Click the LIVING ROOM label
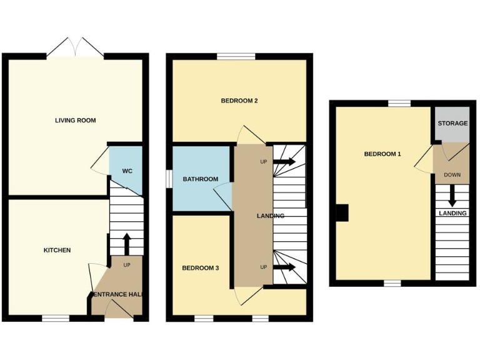point(76,120)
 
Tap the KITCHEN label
point(57,250)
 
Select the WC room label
point(127,171)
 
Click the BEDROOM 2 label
point(239,101)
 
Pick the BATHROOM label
point(200,179)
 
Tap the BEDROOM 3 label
point(200,268)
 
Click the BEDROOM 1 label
point(382,154)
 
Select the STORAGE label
point(452,123)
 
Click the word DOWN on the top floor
point(452,175)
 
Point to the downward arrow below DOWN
point(452,196)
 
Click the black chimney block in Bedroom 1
point(342,213)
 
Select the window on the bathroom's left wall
point(168,179)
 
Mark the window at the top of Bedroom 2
point(236,57)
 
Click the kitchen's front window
point(56,318)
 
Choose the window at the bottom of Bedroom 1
point(392,283)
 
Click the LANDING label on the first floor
point(271,216)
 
